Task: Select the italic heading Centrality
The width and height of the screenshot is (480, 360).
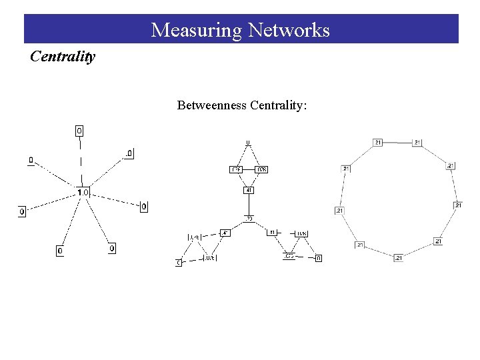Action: coord(63,57)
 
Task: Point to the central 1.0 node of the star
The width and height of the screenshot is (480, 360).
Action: coord(82,193)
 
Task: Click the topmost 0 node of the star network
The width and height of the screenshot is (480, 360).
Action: coord(79,131)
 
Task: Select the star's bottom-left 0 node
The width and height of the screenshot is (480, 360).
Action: coord(60,251)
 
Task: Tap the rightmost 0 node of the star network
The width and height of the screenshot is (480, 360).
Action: coord(144,207)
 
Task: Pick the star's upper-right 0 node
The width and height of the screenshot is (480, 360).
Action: coord(129,154)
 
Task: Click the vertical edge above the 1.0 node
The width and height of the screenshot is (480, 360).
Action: coord(81,162)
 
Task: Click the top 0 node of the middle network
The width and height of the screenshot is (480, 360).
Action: coord(248,143)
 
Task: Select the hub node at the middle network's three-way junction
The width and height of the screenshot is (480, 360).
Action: coord(249,218)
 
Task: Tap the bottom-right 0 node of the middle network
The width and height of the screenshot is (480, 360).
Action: coord(318,258)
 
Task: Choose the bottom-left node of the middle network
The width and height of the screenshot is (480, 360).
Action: coord(179,263)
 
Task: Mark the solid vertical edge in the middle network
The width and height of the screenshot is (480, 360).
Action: coord(249,204)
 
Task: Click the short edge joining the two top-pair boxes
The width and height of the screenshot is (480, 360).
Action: coord(249,169)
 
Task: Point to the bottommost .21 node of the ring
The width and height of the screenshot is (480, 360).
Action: coord(398,257)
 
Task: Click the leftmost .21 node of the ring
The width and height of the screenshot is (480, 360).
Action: coord(339,211)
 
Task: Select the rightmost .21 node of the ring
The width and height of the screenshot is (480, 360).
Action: coord(458,205)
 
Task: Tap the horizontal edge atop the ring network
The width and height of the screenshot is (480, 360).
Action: coord(397,142)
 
